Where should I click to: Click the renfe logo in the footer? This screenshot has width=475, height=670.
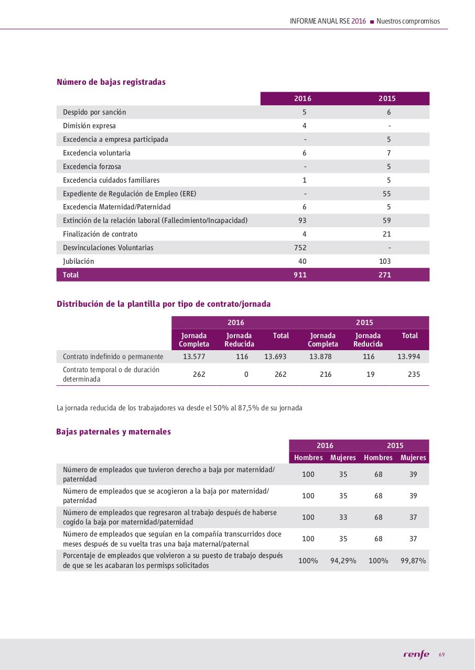(x=416, y=654)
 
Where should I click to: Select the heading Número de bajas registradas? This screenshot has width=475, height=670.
(x=111, y=82)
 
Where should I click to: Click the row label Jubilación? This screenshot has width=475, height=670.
(x=79, y=261)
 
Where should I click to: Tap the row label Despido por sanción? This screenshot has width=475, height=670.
(x=94, y=112)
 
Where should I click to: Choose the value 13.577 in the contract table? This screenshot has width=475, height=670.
(x=193, y=356)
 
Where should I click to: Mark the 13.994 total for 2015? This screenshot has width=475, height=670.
(x=409, y=356)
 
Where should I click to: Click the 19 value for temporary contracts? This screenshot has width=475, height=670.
(x=370, y=374)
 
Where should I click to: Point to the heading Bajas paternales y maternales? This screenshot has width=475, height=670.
(x=113, y=432)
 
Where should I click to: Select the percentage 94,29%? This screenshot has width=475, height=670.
(x=343, y=561)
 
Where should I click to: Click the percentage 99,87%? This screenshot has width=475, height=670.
(x=413, y=561)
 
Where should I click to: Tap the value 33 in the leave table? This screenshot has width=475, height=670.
(x=343, y=517)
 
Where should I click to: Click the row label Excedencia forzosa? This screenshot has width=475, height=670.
(x=92, y=166)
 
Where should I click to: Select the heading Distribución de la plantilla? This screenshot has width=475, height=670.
(x=164, y=304)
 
